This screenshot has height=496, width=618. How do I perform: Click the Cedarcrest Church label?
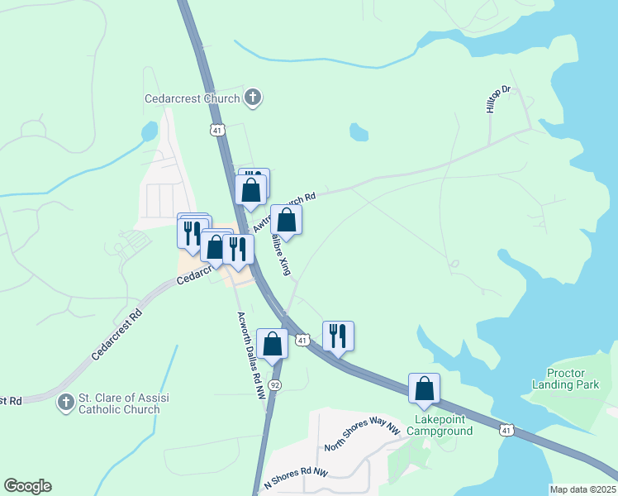192,98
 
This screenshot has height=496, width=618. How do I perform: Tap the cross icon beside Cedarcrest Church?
254,98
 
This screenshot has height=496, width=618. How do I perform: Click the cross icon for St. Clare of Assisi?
65,403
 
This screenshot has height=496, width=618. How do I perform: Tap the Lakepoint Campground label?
444,425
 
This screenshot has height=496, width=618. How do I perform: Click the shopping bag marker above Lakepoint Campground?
424,389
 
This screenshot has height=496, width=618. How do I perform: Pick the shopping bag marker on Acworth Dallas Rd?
272,344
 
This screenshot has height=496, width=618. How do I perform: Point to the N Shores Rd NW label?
296,478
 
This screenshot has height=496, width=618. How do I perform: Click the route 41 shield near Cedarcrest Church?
216,130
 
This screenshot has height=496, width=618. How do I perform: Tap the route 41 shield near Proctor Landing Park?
506,430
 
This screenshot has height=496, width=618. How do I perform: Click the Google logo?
27,486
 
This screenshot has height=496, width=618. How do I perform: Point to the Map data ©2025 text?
582,489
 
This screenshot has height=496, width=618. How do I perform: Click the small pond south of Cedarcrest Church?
358,131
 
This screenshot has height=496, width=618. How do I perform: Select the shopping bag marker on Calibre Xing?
286,221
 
